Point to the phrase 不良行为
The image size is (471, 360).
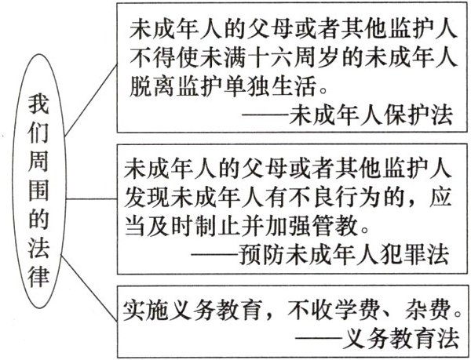(327, 195)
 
